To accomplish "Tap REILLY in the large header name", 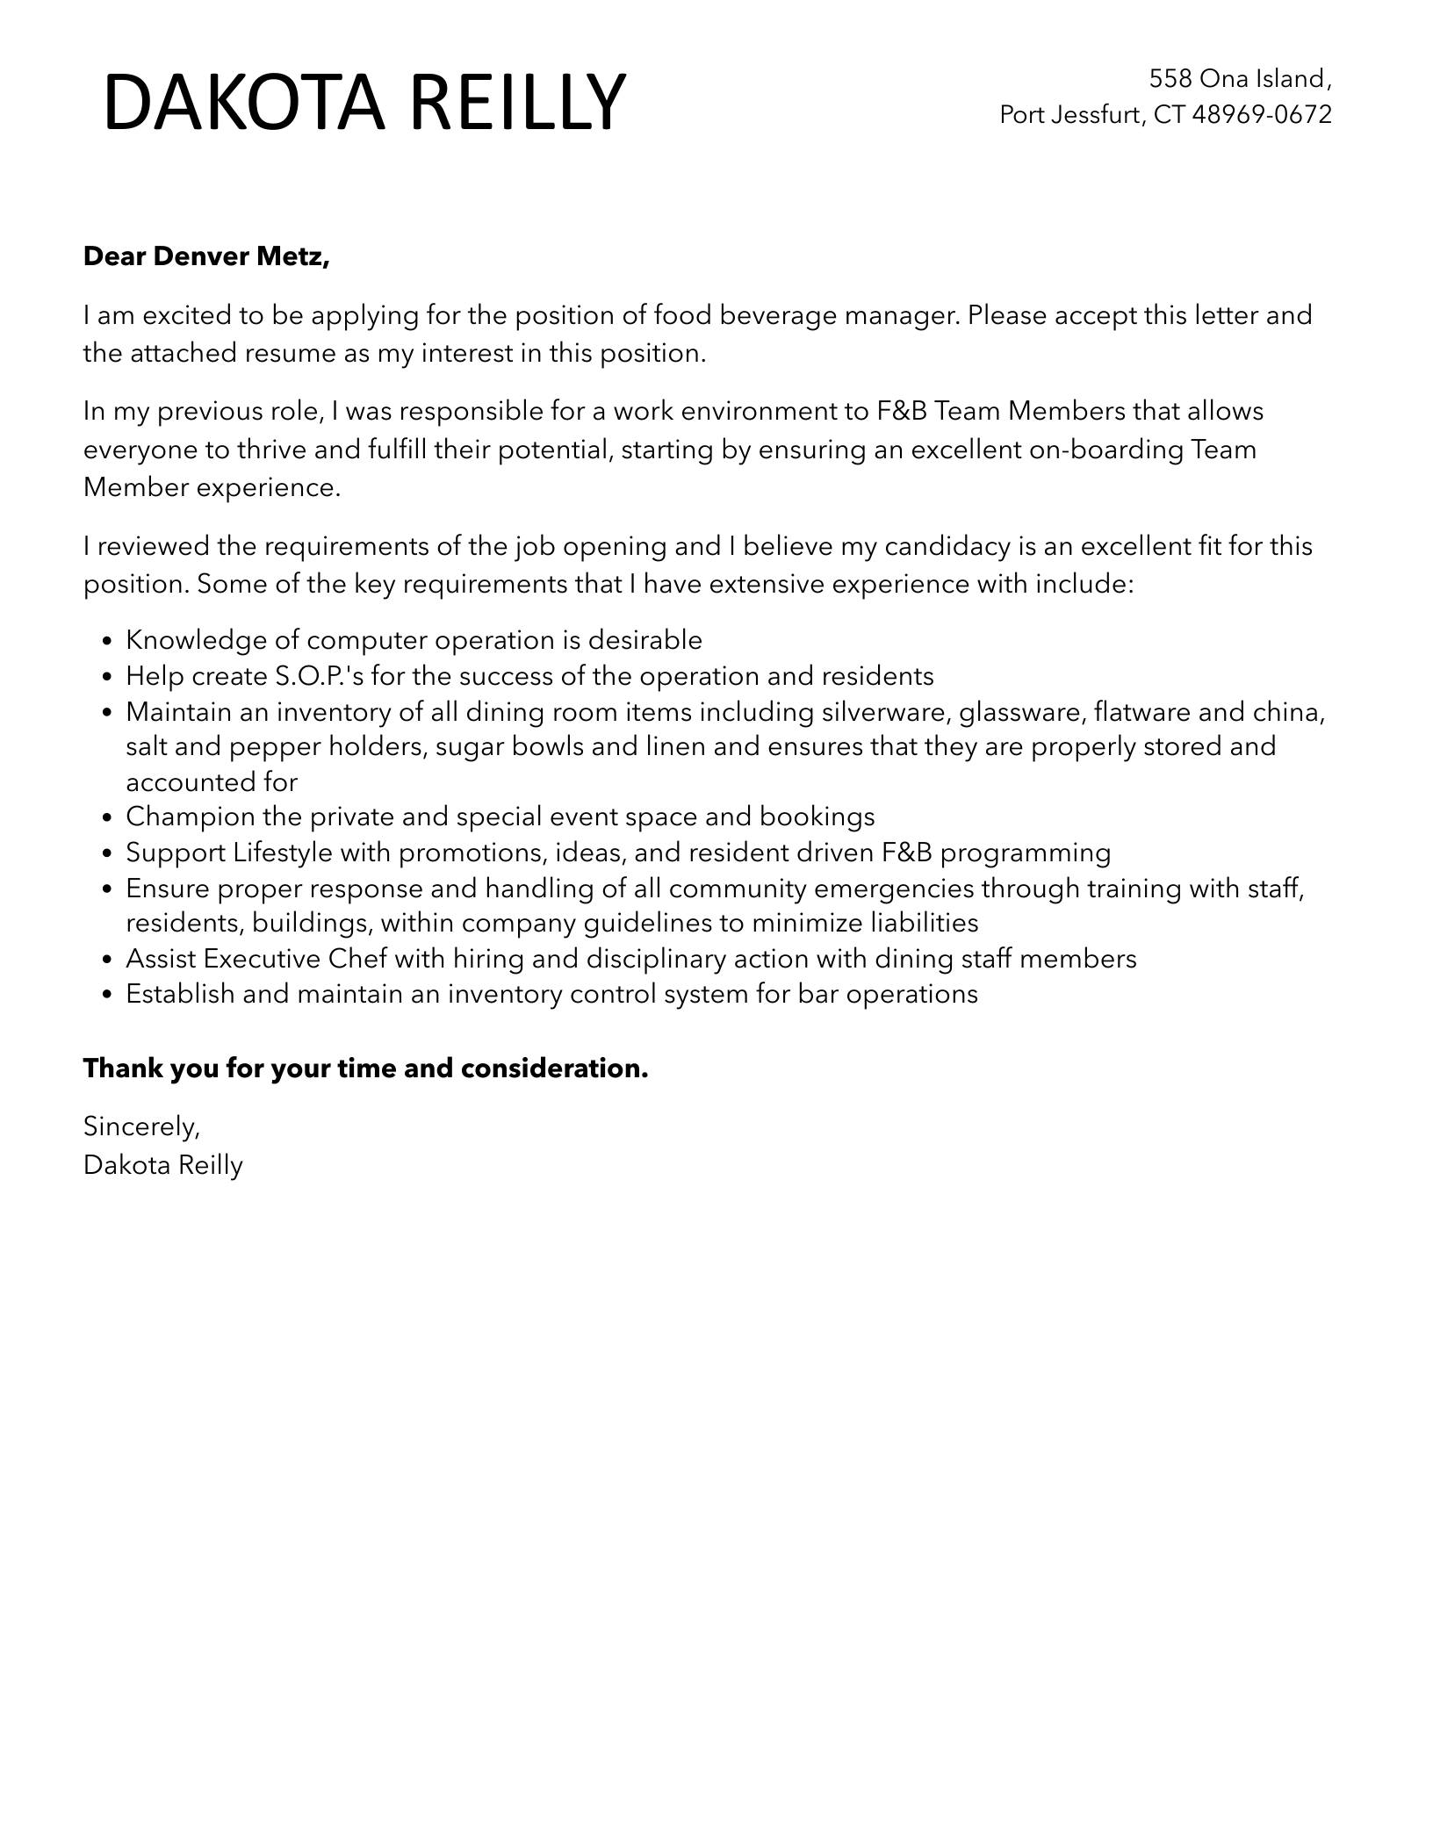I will (x=517, y=104).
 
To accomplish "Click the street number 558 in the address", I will (x=1170, y=79).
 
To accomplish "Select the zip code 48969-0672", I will (x=1262, y=114).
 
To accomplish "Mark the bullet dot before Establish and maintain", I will (x=107, y=996).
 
